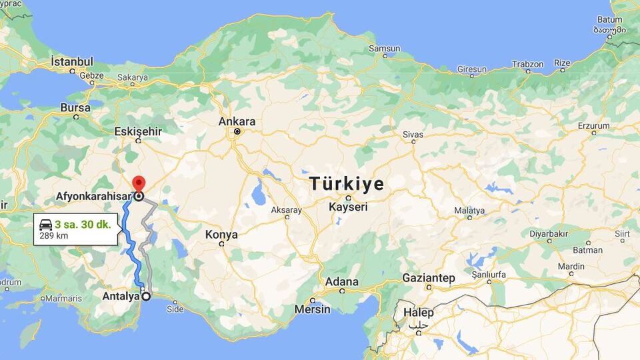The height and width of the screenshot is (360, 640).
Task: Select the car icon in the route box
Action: (x=46, y=225)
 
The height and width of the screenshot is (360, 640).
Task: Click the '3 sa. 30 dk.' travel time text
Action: (x=83, y=224)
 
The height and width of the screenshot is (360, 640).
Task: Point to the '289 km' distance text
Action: (x=53, y=235)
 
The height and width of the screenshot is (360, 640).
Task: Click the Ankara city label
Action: (x=237, y=122)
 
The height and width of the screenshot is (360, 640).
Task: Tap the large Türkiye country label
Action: (x=347, y=183)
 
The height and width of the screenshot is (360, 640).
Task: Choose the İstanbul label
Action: (x=72, y=61)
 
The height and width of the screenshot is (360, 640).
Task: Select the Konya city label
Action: (x=221, y=235)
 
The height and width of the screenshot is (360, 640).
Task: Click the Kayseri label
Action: (x=348, y=207)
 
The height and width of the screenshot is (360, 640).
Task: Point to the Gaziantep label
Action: (x=429, y=277)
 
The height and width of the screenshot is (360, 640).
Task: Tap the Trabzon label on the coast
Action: (x=527, y=65)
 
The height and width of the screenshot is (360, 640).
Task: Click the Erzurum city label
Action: (x=593, y=125)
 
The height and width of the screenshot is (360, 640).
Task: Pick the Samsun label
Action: (x=385, y=49)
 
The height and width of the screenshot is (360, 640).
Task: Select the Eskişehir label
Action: (x=138, y=131)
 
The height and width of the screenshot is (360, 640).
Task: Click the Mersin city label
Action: (x=312, y=309)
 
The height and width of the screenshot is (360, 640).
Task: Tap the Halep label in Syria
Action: (x=418, y=313)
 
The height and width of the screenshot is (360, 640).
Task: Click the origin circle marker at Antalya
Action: (x=146, y=297)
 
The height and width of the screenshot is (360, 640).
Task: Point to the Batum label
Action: (x=610, y=20)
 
